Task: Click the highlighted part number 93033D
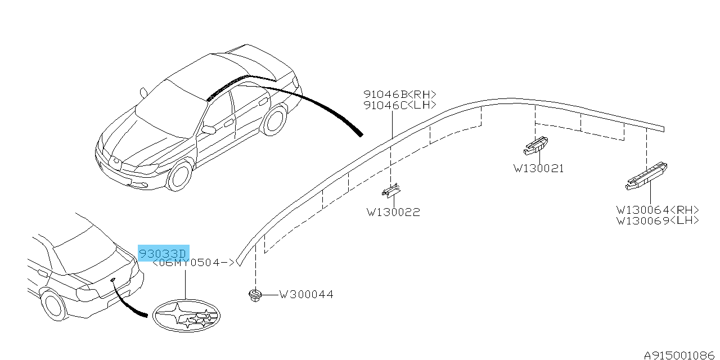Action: (x=163, y=254)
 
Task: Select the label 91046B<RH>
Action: (x=400, y=94)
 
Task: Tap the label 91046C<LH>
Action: (x=400, y=105)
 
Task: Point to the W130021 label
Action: (x=538, y=169)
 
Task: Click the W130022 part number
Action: (x=393, y=213)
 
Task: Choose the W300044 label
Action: (x=306, y=294)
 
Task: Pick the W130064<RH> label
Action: (x=658, y=210)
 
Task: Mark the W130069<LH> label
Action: (x=658, y=221)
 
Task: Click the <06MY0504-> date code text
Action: (x=193, y=263)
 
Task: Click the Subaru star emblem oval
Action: (x=186, y=316)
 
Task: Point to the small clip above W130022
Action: (x=391, y=191)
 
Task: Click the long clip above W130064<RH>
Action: (x=646, y=176)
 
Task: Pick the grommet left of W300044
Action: (x=255, y=295)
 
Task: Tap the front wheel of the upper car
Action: (x=179, y=176)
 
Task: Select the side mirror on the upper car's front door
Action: (x=209, y=130)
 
